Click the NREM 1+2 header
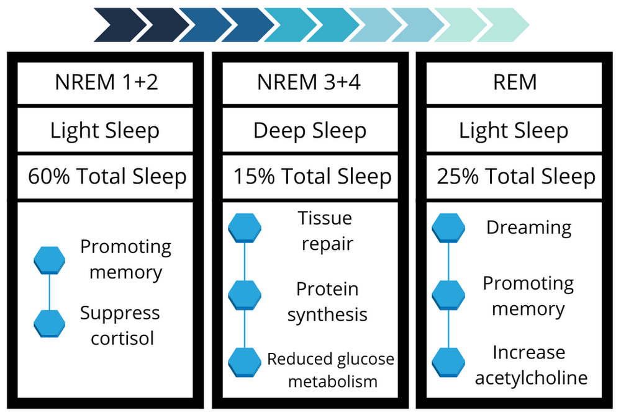click(106, 82)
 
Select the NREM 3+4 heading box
click(310, 82)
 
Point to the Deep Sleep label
click(310, 130)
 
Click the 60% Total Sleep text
click(107, 177)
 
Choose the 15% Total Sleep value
click(312, 177)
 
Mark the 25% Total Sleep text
click(515, 177)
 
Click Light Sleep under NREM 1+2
click(105, 130)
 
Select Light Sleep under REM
click(513, 130)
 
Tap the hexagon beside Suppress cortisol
click(49, 323)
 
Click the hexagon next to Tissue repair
click(245, 228)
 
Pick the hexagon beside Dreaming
click(448, 228)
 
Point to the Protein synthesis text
click(327, 302)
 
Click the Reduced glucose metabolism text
click(330, 370)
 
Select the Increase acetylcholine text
click(530, 365)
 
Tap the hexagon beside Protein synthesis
click(245, 295)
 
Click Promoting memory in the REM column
click(528, 296)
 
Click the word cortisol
click(122, 339)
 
